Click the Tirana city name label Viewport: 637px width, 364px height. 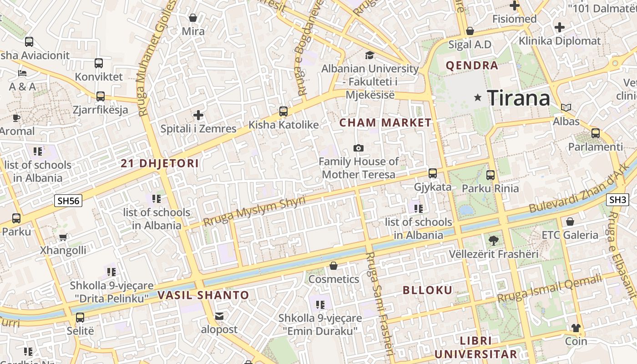(518, 98)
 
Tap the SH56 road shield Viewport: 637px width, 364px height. (68, 201)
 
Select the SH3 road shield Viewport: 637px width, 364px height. (618, 200)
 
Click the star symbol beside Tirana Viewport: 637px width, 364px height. (478, 97)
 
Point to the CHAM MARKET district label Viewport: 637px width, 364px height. (385, 122)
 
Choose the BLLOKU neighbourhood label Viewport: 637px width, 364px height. (428, 290)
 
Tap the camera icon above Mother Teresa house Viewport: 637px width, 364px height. (359, 148)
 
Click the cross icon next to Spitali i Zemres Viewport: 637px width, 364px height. (198, 115)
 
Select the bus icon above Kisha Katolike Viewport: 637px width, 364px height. (283, 111)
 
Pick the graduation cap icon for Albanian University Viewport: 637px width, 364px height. (369, 55)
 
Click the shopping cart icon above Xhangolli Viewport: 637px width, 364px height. (63, 237)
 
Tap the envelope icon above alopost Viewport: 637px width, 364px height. (219, 316)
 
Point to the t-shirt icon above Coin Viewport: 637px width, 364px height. (576, 328)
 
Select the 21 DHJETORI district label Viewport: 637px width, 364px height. (160, 163)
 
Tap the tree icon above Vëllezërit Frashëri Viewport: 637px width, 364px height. (493, 240)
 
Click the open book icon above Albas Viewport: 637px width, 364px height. (566, 108)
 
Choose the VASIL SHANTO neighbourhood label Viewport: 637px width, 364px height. (203, 295)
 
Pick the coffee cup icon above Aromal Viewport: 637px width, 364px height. (16, 118)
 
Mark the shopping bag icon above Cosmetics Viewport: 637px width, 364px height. (334, 266)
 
